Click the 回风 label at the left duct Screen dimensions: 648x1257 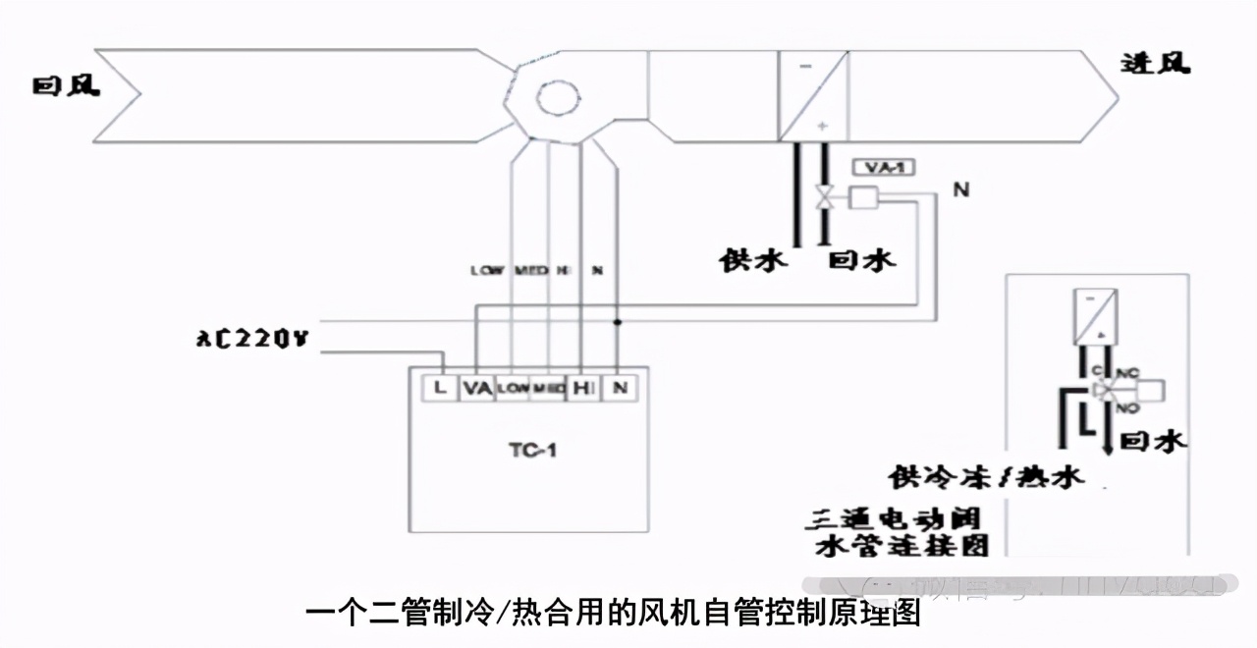(x=67, y=86)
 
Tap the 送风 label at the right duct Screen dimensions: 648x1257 (x=1156, y=65)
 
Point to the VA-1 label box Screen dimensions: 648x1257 (x=883, y=167)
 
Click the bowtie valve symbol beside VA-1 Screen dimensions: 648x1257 (x=826, y=198)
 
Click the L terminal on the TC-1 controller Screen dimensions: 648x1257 (x=440, y=388)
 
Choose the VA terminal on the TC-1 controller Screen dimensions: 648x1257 (x=476, y=388)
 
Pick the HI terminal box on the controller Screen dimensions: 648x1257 (x=582, y=388)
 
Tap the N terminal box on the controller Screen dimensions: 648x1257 (x=619, y=388)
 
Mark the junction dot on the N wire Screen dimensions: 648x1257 (x=618, y=321)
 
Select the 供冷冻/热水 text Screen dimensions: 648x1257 (x=987, y=476)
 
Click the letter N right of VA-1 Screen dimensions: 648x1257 (x=960, y=189)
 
